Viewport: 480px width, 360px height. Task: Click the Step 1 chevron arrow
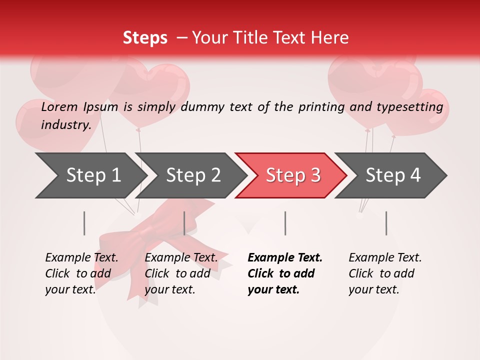point(93,175)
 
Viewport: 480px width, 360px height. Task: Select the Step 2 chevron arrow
point(193,175)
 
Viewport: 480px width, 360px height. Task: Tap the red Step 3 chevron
point(293,175)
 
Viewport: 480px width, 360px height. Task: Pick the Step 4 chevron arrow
point(393,175)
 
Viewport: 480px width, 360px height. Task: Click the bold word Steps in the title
point(145,38)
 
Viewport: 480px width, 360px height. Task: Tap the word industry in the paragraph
point(65,124)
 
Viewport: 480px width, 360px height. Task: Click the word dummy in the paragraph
point(202,107)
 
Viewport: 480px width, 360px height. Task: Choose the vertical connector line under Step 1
point(84,223)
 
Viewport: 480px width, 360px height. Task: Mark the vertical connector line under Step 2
point(184,223)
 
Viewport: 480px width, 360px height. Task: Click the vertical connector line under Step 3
point(285,223)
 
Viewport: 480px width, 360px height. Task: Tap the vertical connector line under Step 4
point(386,223)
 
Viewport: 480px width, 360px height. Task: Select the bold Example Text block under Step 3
point(284,273)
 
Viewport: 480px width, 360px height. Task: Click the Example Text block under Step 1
point(81,273)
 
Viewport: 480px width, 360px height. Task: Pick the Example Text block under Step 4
point(385,273)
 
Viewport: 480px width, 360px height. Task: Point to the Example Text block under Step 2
point(181,273)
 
